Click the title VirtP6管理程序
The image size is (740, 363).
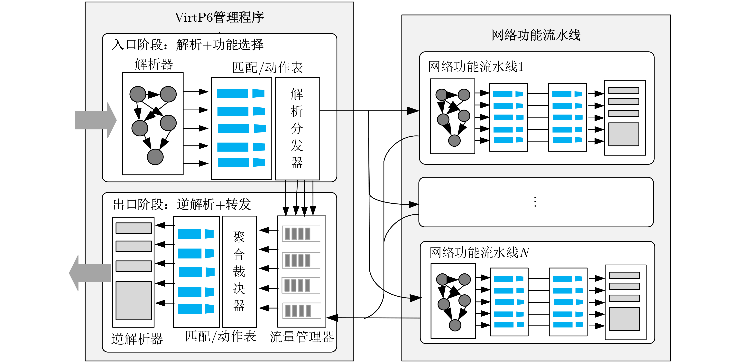[219, 17]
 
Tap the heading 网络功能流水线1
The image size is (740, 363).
[476, 67]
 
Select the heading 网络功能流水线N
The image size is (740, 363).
[479, 252]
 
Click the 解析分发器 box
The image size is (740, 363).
[297, 129]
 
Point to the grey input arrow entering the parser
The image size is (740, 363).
[96, 120]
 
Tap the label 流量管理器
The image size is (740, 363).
[302, 337]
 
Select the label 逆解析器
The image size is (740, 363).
[137, 339]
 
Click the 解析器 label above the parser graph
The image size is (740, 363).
[154, 64]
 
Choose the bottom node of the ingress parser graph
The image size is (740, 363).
[155, 157]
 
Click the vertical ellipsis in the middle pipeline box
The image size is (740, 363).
[535, 202]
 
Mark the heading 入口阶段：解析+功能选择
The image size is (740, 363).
[187, 45]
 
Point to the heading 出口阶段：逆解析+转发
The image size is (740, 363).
[182, 204]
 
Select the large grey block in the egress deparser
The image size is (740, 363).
[134, 301]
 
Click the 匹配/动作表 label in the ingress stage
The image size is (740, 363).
[267, 68]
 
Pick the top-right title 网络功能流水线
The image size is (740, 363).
[536, 35]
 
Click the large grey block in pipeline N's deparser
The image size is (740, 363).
[624, 319]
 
